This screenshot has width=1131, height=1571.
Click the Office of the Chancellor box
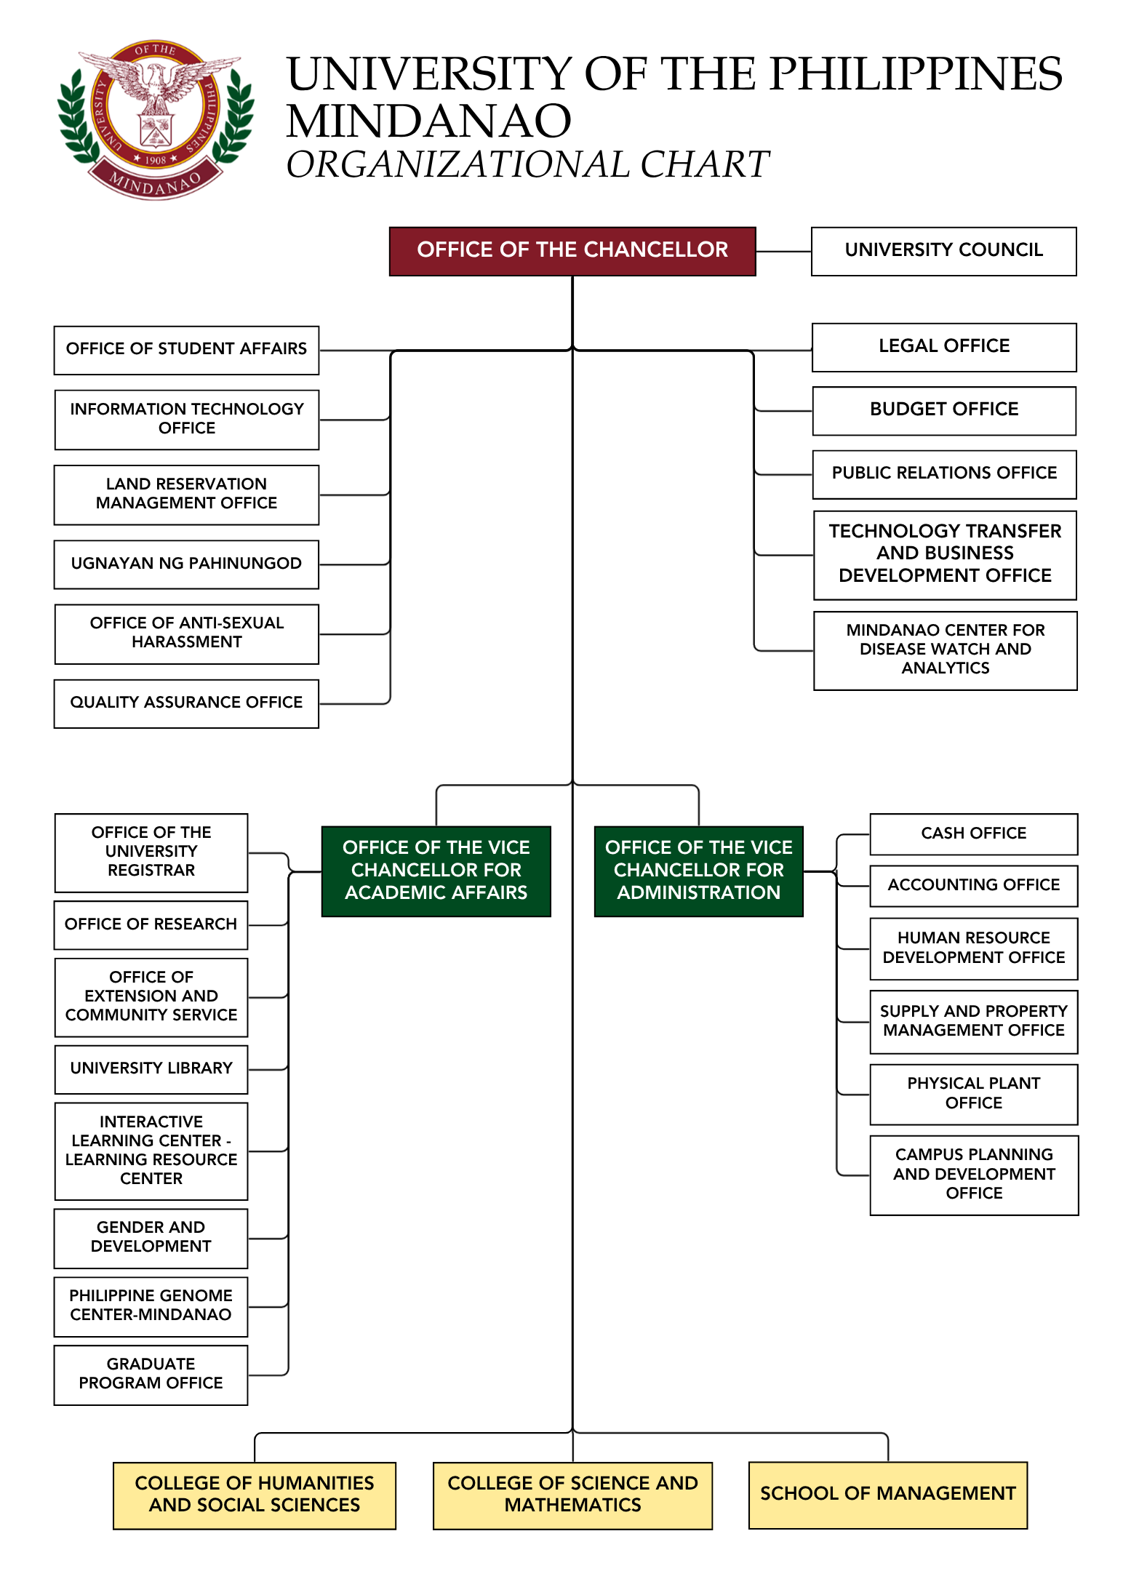[572, 251]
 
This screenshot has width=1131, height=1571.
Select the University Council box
[943, 251]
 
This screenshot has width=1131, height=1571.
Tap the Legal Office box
[943, 347]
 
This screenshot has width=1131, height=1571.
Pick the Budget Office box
[943, 410]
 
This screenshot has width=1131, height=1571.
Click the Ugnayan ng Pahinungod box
[186, 564]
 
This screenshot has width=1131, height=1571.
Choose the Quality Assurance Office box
[186, 703]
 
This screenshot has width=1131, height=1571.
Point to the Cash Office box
[973, 834]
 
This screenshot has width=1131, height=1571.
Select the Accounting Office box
[973, 885]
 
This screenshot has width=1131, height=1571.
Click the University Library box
[151, 1068]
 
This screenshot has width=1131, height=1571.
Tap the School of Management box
[887, 1494]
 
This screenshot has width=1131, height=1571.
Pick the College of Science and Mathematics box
[572, 1495]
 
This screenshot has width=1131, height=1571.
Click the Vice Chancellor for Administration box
[698, 871]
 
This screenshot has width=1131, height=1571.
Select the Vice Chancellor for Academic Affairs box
[436, 871]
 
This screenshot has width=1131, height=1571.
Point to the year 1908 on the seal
[156, 159]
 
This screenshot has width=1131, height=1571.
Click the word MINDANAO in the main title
[428, 121]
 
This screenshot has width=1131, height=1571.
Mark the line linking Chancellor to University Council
[783, 252]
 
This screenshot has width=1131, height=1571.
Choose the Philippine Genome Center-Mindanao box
[151, 1306]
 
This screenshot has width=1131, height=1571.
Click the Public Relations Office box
[943, 473]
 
